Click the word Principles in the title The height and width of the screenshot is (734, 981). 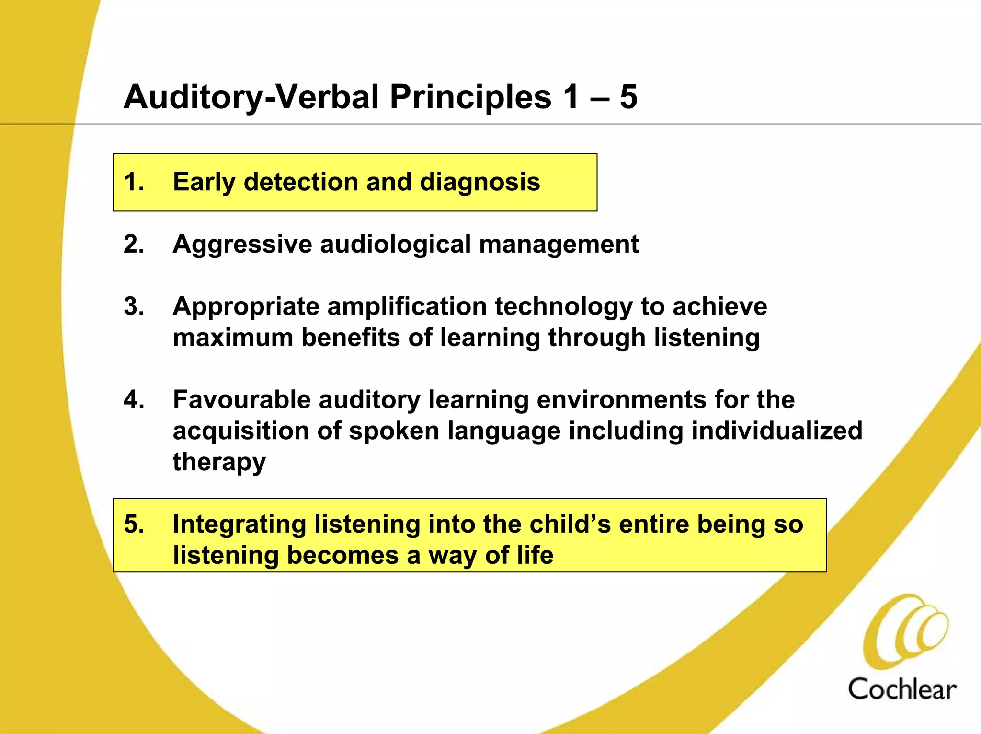(470, 97)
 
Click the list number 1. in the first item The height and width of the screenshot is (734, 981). (134, 182)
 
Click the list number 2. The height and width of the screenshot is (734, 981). (134, 244)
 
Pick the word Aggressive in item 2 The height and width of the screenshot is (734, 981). (242, 245)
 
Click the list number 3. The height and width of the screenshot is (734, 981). (134, 306)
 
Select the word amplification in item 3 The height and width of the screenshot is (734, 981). (407, 307)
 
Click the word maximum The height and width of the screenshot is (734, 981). (233, 338)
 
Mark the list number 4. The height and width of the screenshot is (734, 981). (134, 399)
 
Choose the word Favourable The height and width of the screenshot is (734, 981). (242, 399)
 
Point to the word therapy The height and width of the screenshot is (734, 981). (219, 462)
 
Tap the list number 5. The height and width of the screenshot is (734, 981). (134, 524)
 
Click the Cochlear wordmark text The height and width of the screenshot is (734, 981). (902, 689)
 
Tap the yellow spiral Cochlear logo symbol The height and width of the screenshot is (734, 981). (905, 630)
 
